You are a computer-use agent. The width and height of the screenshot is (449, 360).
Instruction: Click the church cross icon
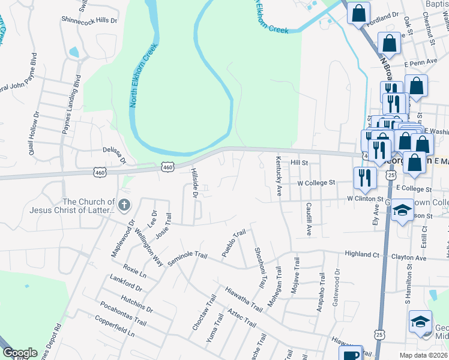tap(124, 206)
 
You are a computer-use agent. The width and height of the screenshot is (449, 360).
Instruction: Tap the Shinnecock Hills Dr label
tap(89, 20)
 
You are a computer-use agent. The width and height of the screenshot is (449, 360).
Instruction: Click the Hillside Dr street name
tap(194, 183)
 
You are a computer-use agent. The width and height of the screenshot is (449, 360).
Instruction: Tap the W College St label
tap(316, 182)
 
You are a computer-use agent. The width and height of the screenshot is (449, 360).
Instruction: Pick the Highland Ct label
tap(362, 254)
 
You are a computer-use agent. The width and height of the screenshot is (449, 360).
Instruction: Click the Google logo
tap(20, 353)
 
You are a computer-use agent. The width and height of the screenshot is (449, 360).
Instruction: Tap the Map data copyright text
tap(423, 355)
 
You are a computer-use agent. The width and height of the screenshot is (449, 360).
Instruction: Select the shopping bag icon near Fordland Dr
tap(358, 13)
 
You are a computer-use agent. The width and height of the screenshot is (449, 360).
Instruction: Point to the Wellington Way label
tap(149, 248)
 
